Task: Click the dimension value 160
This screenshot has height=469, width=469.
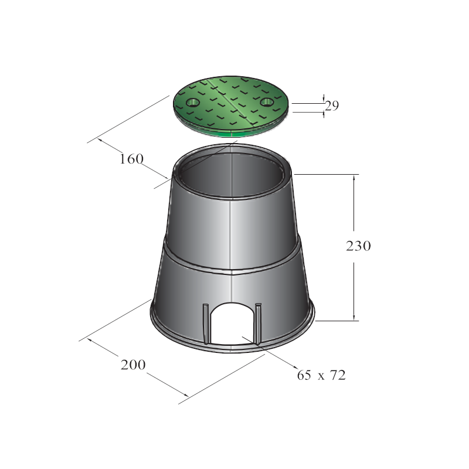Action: point(131,158)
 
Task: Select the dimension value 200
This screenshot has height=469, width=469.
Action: point(133,365)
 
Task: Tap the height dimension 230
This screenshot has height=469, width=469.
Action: point(358,246)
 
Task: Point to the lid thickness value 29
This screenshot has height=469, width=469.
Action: point(332,106)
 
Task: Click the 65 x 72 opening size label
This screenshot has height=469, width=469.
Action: point(321,375)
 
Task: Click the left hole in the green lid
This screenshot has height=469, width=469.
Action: point(192,103)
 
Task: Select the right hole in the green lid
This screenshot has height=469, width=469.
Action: point(267,102)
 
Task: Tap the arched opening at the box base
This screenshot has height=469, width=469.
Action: point(232,322)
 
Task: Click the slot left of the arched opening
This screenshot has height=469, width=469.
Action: point(205,322)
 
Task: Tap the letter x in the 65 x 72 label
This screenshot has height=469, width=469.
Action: point(321,376)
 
